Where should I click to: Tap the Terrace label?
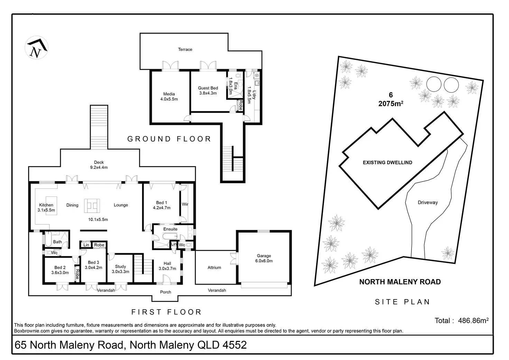185,49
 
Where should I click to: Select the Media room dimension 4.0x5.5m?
169,99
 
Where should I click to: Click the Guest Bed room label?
208,88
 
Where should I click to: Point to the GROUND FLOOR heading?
169,139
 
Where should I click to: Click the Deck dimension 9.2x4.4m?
99,167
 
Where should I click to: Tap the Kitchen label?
46,205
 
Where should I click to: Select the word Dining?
72,205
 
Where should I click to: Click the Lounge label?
121,205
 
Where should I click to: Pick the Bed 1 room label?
161,203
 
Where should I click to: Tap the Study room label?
120,267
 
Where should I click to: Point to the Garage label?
264,256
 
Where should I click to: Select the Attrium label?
214,268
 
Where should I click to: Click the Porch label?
166,292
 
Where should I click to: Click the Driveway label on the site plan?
427,203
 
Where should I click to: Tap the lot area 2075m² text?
391,103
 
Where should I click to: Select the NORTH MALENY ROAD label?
400,282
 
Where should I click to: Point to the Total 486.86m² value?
473,321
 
